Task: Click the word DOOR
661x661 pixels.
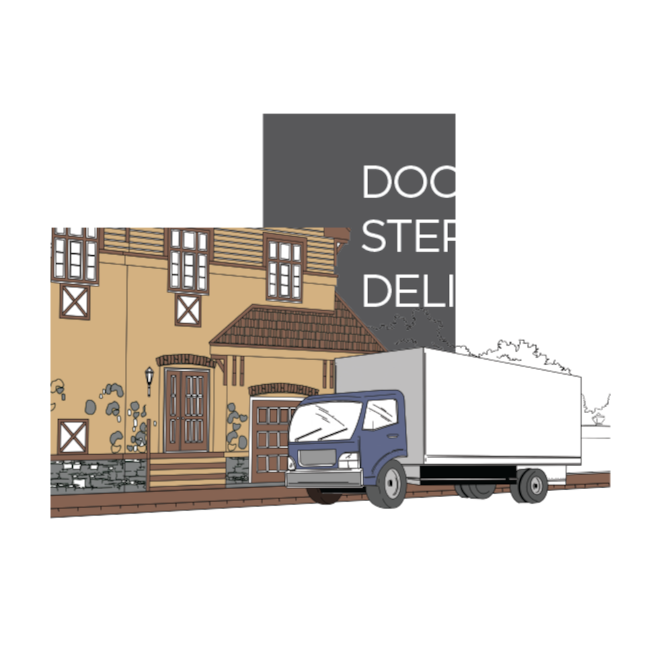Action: pos(428,182)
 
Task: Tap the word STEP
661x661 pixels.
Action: pos(414,236)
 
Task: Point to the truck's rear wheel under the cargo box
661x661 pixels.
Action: pos(533,485)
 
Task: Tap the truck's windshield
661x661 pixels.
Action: pos(325,420)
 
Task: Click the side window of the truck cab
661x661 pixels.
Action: pos(382,414)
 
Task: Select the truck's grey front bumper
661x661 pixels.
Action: pos(324,478)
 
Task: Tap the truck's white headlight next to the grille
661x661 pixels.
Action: pos(348,459)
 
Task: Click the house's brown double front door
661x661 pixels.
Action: pos(187,410)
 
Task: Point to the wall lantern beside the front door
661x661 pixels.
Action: pos(149,379)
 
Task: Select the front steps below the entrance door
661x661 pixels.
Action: pos(187,471)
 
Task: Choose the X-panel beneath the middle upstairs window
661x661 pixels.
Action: pos(188,310)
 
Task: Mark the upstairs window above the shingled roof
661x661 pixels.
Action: pos(285,269)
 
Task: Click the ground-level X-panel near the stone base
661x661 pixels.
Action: pos(73,436)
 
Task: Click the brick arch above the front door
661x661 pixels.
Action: pos(186,360)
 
